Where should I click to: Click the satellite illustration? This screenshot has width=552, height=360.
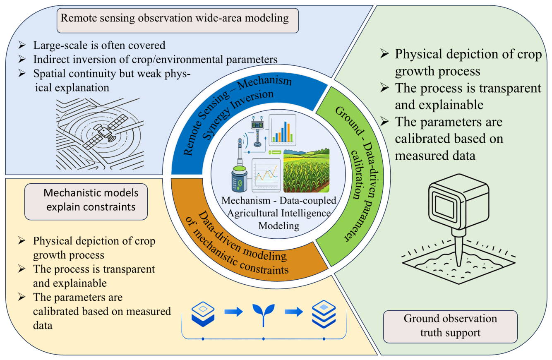[x=106, y=132]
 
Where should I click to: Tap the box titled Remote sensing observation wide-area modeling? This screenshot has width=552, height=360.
[x=178, y=20]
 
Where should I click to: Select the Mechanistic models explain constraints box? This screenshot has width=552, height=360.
[x=86, y=202]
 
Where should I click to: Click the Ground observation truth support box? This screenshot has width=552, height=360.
[x=450, y=326]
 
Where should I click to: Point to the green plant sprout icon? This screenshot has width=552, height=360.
[x=264, y=315]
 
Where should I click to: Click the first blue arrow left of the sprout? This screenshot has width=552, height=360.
[x=233, y=312]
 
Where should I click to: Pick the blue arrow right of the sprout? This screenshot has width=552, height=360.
[x=294, y=312]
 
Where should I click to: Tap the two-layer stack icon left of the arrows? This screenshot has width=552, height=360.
[x=203, y=314]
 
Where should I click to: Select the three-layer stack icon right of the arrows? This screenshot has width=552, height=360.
[x=324, y=314]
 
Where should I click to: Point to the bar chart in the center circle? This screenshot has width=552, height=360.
[x=282, y=130]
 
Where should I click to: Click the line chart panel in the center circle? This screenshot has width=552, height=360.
[x=266, y=175]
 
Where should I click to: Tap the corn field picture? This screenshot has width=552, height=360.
[x=307, y=170]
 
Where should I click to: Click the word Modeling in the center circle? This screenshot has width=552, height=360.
[x=279, y=226]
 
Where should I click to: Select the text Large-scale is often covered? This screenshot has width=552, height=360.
[x=99, y=46]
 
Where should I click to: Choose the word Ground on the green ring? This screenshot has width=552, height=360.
[x=349, y=121]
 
